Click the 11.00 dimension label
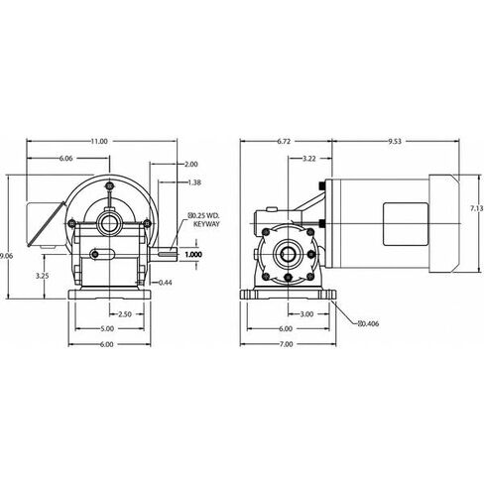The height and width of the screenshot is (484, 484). [99, 142]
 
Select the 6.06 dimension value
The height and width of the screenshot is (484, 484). [65, 159]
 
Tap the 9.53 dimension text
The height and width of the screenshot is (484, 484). [395, 142]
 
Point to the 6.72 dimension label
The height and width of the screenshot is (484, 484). [284, 142]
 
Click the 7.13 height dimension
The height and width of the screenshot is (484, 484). [477, 208]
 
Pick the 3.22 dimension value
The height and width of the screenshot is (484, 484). [309, 159]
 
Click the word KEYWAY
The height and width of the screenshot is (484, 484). [206, 224]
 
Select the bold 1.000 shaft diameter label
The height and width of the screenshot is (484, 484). [193, 255]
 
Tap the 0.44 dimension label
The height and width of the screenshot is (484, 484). [166, 283]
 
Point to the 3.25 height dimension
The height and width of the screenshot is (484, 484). [43, 276]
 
